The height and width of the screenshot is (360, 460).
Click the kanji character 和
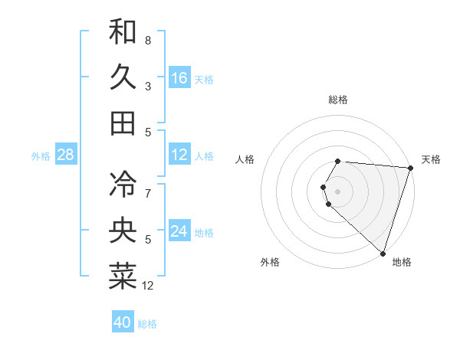123,31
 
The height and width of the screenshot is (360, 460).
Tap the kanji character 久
123,77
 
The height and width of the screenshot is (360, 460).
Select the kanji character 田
123,123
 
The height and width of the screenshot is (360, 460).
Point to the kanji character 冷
123,184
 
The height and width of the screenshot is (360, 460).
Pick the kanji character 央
123,231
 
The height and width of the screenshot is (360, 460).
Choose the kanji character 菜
123,276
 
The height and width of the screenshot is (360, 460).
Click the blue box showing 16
179,77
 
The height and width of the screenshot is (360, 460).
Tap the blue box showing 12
179,155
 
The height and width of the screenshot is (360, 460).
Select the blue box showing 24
179,231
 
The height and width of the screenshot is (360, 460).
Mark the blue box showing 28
66,155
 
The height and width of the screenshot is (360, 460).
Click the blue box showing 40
123,322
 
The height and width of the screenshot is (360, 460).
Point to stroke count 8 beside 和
148,40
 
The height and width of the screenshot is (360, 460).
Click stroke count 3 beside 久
148,87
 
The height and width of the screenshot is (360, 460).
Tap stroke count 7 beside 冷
148,193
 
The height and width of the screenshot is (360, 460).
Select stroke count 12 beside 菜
148,286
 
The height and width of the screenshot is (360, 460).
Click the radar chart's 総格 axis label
338,100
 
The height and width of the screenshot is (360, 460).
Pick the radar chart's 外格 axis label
270,263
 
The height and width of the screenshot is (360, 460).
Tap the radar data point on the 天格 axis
410,169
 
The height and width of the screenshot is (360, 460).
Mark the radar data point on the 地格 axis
383,253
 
